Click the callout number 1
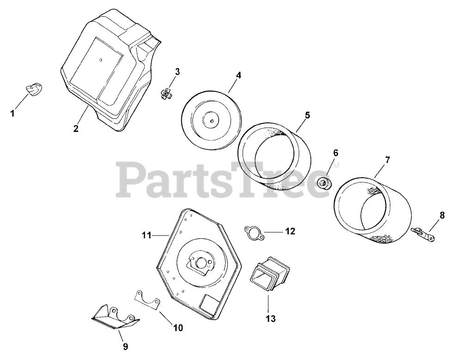[x=12, y=112]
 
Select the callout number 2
[x=76, y=128]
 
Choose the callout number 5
[x=307, y=114]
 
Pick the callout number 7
[x=387, y=160]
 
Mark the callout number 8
[x=442, y=215]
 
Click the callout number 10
[x=178, y=328]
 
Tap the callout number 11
[x=146, y=236]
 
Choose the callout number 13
[x=270, y=318]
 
